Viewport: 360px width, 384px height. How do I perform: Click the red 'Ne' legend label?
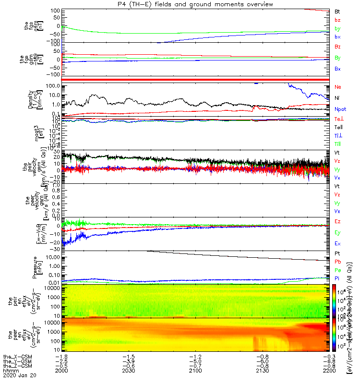(x=337, y=87)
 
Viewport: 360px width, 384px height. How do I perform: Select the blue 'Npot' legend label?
(x=340, y=109)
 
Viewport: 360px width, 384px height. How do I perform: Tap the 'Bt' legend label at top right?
(x=337, y=11)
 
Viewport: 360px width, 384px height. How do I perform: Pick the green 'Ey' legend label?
(x=337, y=233)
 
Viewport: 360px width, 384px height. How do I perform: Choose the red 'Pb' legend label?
(x=337, y=262)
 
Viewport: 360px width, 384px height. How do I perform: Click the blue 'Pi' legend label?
(x=337, y=278)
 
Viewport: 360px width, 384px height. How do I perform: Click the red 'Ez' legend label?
(x=337, y=221)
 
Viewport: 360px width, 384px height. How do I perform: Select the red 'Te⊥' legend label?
(x=338, y=119)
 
